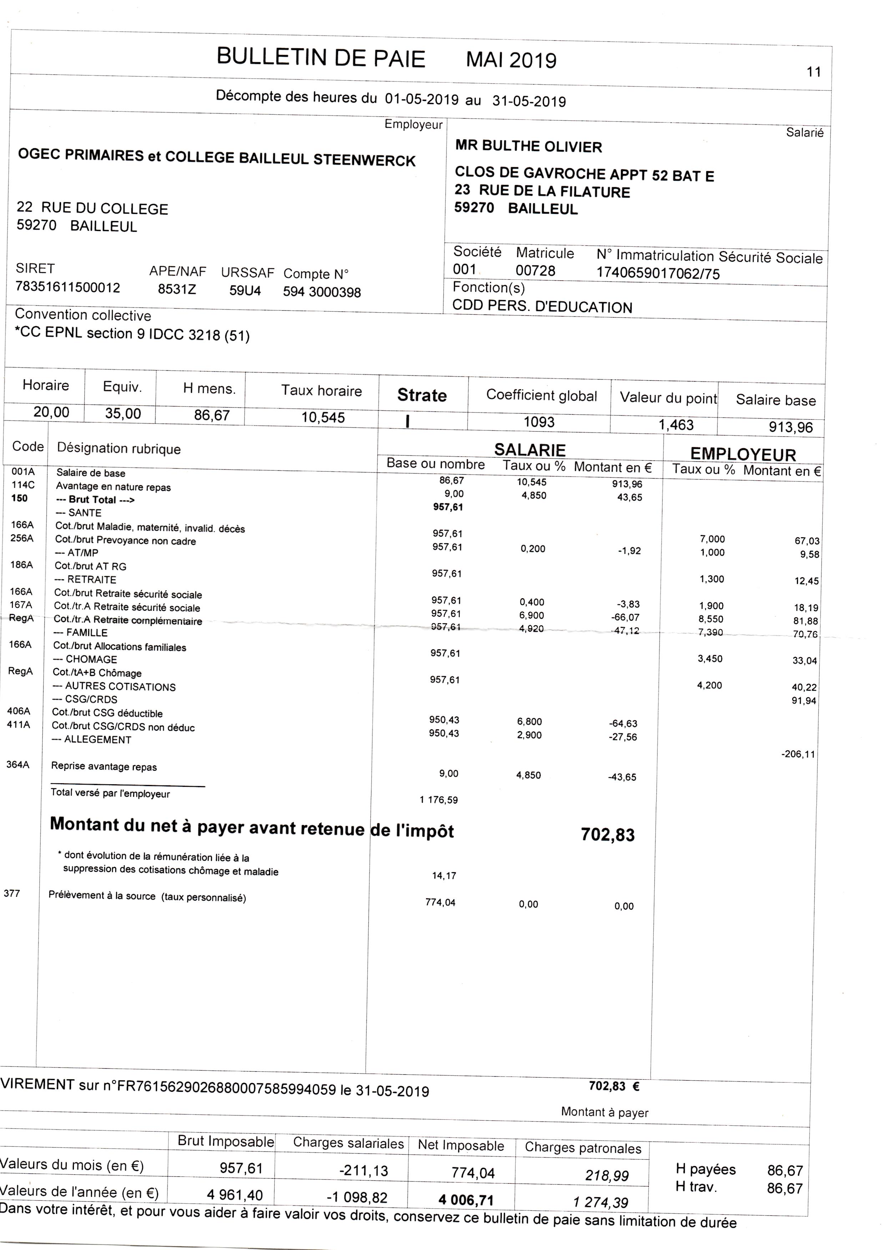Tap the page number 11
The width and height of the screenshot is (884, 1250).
coord(813,72)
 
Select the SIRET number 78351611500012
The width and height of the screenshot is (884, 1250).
coord(68,287)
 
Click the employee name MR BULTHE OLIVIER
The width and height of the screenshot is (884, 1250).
coord(529,146)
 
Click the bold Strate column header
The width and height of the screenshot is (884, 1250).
coord(422,395)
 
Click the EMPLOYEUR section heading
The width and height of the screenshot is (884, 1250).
coord(743,454)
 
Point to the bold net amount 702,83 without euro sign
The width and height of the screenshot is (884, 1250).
coord(607,834)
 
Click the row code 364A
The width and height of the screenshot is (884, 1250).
coord(17,764)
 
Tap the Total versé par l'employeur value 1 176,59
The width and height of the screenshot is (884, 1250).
coord(438,800)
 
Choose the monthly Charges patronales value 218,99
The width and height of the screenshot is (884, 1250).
coord(606,1175)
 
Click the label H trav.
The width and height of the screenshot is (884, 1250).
coord(696,1187)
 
